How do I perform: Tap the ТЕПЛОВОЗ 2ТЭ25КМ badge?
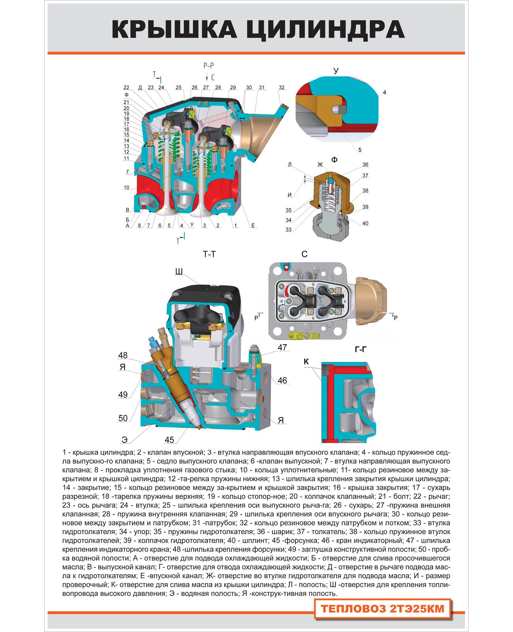tap(382, 609)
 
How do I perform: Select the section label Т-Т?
tap(209, 254)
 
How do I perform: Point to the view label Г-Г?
tap(361, 349)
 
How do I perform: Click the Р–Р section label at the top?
tap(208, 66)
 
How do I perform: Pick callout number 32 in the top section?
tap(282, 88)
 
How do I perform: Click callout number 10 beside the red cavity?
tap(126, 187)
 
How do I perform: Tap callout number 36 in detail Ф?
tap(365, 165)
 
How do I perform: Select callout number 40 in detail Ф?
tap(365, 223)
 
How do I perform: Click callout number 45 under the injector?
tap(169, 440)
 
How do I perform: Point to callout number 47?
tap(282, 347)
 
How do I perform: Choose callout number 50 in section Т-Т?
tap(123, 418)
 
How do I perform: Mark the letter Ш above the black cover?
tap(179, 272)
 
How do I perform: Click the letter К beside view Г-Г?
tap(306, 362)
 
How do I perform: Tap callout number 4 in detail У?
tap(384, 92)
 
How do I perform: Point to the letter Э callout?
tap(124, 439)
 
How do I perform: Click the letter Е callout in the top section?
tap(253, 226)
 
